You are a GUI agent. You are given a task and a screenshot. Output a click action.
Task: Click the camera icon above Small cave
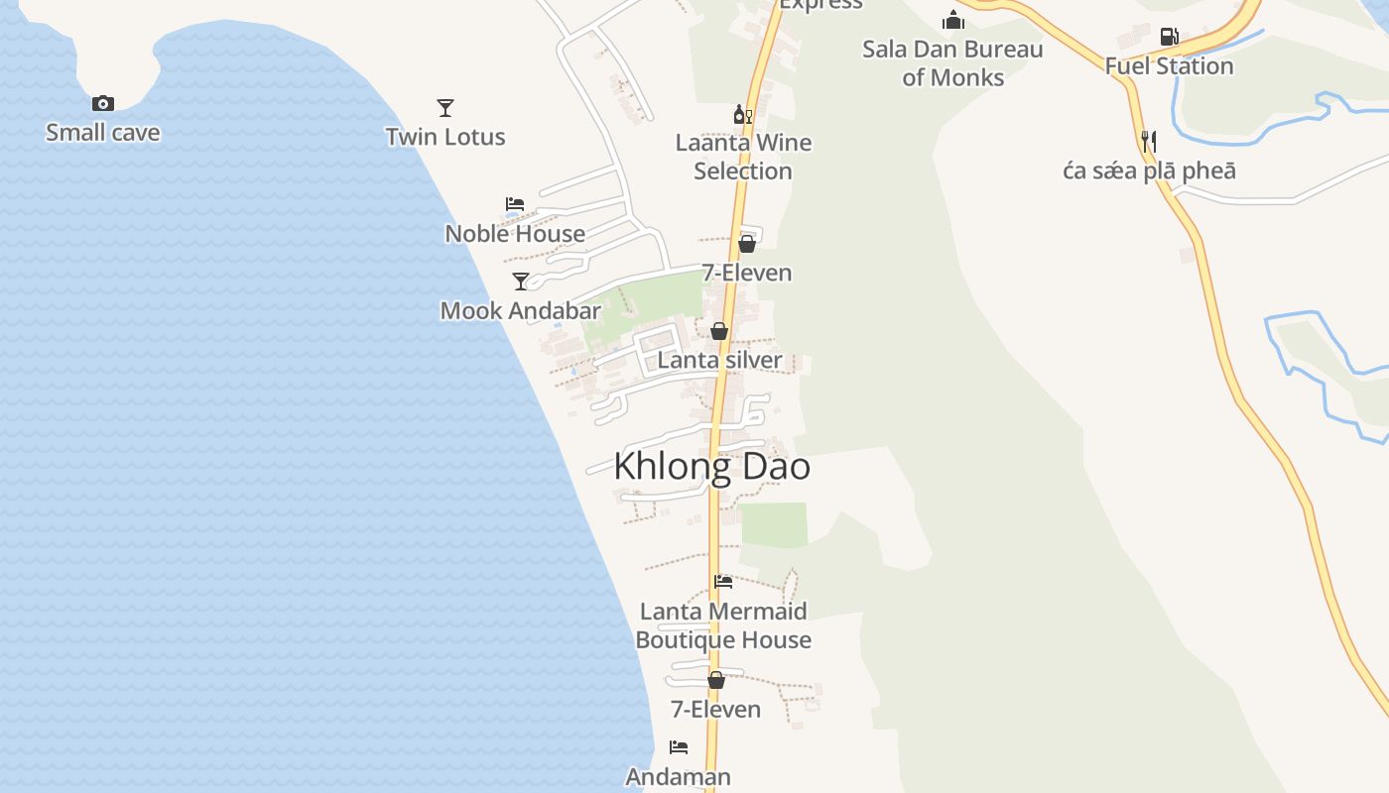point(102,103)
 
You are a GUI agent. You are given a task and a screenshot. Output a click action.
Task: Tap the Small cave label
point(102,132)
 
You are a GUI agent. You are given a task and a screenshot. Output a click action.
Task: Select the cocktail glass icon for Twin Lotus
point(445,107)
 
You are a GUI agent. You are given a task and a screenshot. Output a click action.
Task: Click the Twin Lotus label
point(445,137)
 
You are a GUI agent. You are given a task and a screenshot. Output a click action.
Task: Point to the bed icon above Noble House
point(514,204)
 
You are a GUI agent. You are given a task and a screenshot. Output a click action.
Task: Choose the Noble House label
point(515,233)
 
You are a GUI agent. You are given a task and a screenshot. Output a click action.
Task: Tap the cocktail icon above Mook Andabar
point(520,282)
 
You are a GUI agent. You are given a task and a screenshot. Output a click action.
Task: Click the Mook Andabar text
point(520,310)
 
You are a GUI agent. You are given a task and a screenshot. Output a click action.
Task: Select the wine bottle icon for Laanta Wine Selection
point(742,115)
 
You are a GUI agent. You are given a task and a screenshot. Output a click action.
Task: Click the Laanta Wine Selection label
point(743,157)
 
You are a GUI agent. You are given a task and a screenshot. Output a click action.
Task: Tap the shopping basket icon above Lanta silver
point(719,331)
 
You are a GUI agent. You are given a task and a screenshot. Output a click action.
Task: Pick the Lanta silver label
point(719,360)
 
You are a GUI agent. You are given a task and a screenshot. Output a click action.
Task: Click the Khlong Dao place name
point(711,466)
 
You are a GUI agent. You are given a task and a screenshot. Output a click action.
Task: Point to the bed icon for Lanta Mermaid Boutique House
point(723,582)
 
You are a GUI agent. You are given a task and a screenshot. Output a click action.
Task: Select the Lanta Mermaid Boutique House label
point(723,625)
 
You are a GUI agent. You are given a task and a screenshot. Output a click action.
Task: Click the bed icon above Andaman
point(679,747)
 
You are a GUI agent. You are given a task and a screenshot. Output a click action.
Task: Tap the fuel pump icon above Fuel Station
point(1169,38)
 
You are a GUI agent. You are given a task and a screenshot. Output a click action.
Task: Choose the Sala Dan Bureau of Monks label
point(952,63)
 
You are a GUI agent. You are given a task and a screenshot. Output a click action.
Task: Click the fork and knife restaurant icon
point(1149,142)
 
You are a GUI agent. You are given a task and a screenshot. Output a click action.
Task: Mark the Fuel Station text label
point(1169,66)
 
